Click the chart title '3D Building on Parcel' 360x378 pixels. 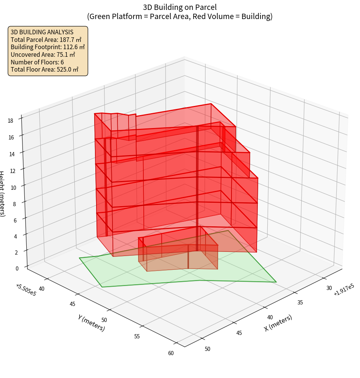point(180,7)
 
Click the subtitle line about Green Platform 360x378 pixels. point(180,16)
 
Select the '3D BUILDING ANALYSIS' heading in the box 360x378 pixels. point(42,32)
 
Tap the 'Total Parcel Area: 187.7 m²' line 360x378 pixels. point(46,40)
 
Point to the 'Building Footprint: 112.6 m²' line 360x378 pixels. point(48,47)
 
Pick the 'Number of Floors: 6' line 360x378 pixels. point(37,62)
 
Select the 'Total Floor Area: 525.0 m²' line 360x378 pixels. point(45,69)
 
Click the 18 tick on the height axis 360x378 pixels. point(10,121)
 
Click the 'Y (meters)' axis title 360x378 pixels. point(91,322)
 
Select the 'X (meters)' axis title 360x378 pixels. point(278,323)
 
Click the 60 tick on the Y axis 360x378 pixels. point(170,353)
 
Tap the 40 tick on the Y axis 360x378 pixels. point(42,289)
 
